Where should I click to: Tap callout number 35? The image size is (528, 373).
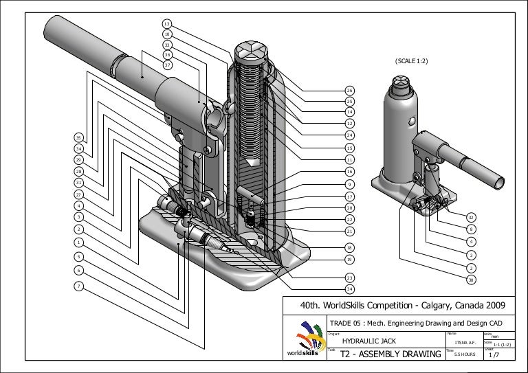79,137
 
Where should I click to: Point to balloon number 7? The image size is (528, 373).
79,285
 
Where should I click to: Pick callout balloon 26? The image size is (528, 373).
349,91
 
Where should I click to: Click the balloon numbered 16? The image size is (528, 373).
349,171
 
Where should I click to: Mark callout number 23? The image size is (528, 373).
349,278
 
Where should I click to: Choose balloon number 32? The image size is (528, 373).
471,217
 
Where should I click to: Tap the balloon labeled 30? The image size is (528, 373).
471,280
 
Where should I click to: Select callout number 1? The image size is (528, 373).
79,242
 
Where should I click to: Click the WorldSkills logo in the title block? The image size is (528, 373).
308,343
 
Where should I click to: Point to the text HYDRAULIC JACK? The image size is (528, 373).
369,341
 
